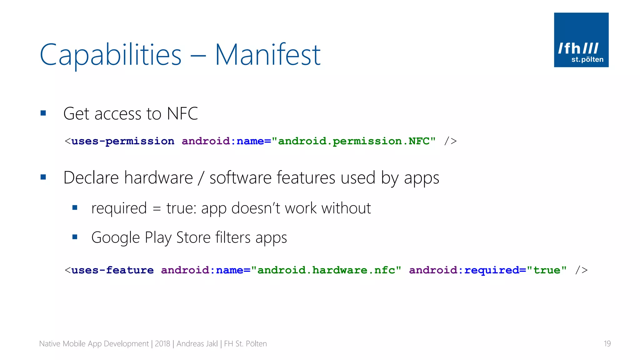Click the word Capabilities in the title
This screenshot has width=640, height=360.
(111, 55)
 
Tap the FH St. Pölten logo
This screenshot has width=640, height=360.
(581, 40)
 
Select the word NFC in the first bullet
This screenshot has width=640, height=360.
(182, 113)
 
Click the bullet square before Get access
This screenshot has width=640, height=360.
(43, 113)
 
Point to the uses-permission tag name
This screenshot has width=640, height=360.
(123, 141)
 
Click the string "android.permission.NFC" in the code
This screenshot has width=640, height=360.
(353, 141)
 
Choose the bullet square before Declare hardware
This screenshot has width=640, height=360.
(43, 177)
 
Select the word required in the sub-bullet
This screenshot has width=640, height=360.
(119, 208)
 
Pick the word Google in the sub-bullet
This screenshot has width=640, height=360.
(115, 238)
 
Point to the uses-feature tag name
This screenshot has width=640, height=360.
(112, 270)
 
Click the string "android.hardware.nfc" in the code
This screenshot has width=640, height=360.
(326, 270)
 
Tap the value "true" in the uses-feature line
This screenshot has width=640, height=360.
(547, 270)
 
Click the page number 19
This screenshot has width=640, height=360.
(607, 344)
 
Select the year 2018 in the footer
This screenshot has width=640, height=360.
(162, 344)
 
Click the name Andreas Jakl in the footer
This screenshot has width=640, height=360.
(197, 344)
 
